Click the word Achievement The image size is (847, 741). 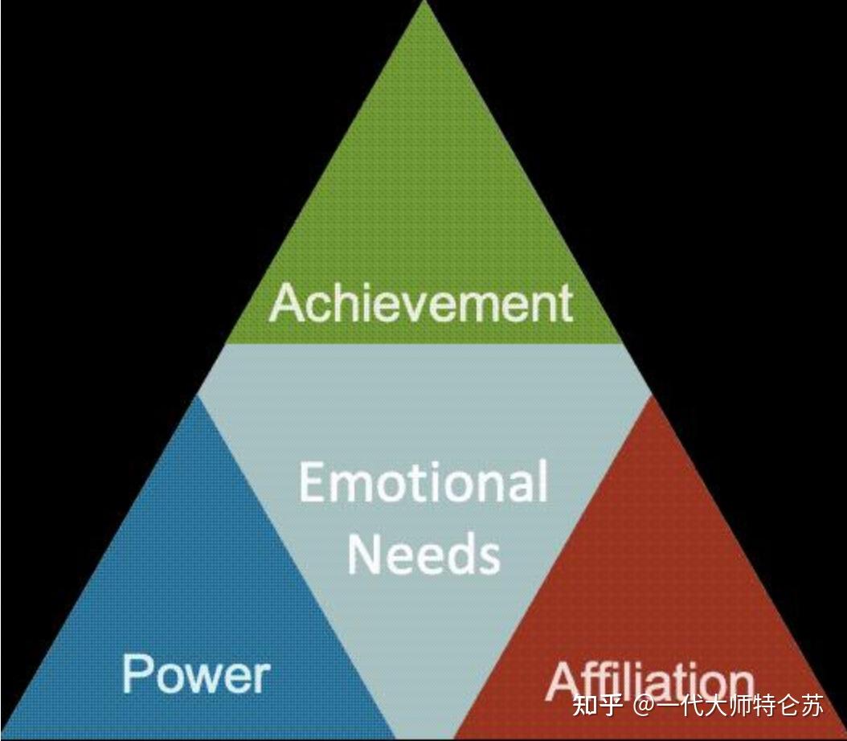tap(421, 304)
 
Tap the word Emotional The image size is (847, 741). tap(423, 482)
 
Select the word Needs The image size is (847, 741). tap(423, 554)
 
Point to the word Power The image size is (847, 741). tap(195, 673)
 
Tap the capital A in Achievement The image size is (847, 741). tap(286, 304)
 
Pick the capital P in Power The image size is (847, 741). tap(137, 673)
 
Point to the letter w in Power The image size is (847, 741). tap(207, 678)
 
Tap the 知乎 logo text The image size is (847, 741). tap(597, 706)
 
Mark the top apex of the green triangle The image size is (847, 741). tap(424, 3)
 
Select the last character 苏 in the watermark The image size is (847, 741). tap(812, 706)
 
